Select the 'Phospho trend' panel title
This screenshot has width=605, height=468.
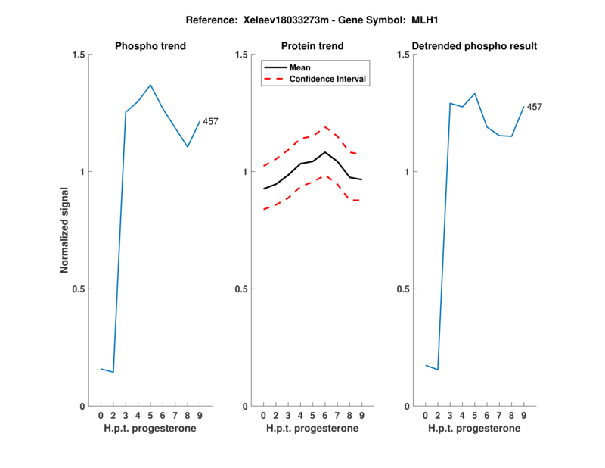[150, 46]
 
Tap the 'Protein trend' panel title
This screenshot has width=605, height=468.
[312, 46]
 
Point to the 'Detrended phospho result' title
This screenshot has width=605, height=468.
[474, 46]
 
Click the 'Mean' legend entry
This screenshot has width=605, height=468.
[300, 67]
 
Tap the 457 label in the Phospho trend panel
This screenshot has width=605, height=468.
[210, 121]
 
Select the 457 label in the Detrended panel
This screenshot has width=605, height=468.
[534, 107]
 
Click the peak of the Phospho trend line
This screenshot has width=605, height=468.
[150, 85]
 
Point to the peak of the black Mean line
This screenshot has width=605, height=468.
[325, 152]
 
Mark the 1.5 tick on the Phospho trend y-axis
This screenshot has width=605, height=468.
[78, 55]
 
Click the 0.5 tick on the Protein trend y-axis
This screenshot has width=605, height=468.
[240, 289]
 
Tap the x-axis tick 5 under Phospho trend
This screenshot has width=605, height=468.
[150, 415]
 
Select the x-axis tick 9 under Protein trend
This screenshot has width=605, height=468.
[362, 415]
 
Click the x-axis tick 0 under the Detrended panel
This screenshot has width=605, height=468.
[426, 415]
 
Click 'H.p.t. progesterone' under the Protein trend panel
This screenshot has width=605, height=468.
[312, 428]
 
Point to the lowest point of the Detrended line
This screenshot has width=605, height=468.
[437, 370]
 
